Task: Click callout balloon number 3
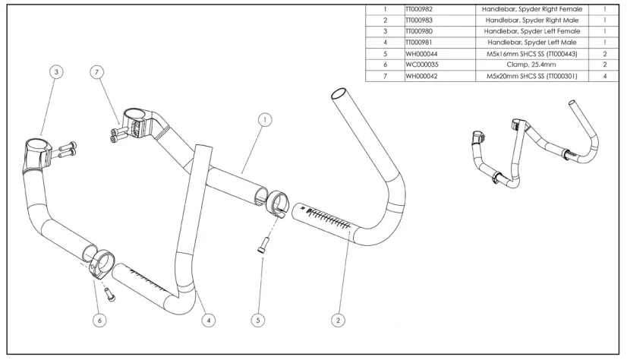click(x=56, y=72)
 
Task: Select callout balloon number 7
click(x=96, y=72)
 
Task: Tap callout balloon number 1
click(x=265, y=119)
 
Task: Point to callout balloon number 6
click(x=99, y=320)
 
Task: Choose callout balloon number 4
click(x=208, y=320)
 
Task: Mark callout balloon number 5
click(x=258, y=320)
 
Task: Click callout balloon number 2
click(x=339, y=320)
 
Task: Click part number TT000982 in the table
click(x=419, y=9)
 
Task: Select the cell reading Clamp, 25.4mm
click(x=531, y=65)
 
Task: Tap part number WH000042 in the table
click(x=421, y=76)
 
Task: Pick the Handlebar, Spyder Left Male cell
click(x=531, y=43)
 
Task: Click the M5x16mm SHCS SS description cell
click(x=531, y=54)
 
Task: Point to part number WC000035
click(x=422, y=65)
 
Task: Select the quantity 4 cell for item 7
click(x=604, y=76)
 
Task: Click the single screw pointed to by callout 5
click(x=263, y=245)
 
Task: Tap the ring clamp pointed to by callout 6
click(x=101, y=264)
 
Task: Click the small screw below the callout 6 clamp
click(x=110, y=295)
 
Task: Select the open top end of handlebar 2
click(x=340, y=93)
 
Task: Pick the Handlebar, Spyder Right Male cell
click(x=531, y=20)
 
